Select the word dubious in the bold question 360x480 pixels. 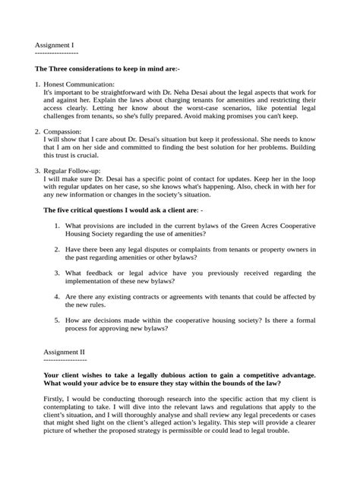(170, 375)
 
